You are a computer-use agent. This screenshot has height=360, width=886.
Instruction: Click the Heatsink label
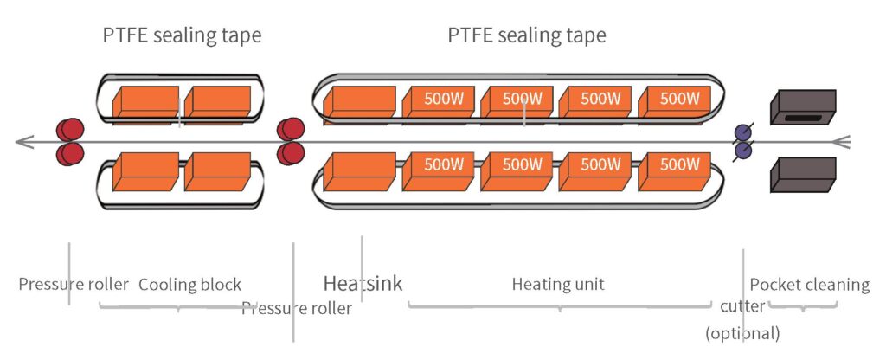pyautogui.click(x=363, y=284)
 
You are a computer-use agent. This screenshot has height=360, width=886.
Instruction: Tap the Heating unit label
pyautogui.click(x=558, y=284)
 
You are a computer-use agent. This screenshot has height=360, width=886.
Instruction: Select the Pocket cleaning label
pyautogui.click(x=809, y=285)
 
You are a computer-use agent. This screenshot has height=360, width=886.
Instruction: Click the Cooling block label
pyautogui.click(x=189, y=285)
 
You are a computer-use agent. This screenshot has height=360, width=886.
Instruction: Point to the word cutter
pyautogui.click(x=742, y=307)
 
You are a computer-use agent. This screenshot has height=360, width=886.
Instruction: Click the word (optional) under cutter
pyautogui.click(x=742, y=332)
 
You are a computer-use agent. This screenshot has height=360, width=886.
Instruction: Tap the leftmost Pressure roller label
pyautogui.click(x=74, y=285)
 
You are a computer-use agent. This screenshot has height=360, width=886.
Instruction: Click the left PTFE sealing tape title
pyautogui.click(x=181, y=36)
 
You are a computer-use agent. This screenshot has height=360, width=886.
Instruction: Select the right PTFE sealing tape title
pyautogui.click(x=527, y=36)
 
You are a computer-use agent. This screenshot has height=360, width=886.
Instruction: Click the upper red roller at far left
pyautogui.click(x=69, y=132)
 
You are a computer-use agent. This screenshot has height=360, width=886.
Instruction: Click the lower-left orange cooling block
pyautogui.click(x=144, y=170)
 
